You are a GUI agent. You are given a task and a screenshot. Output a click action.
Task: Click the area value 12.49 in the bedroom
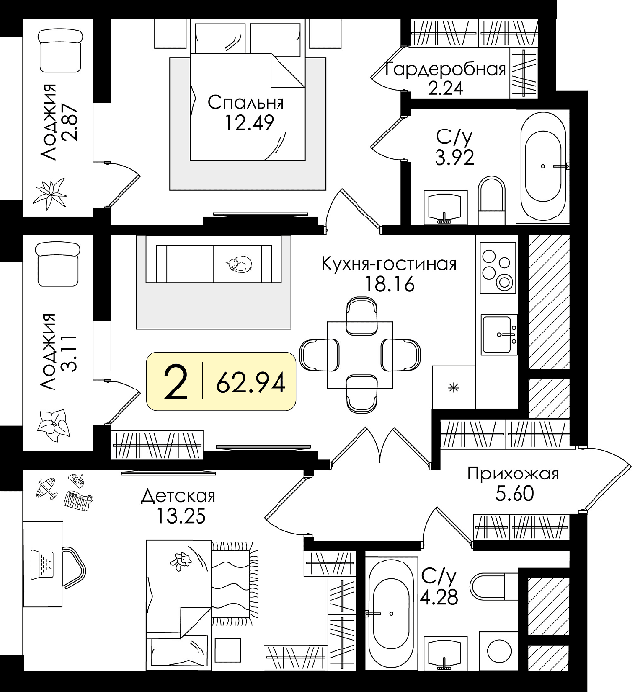coord(249,123)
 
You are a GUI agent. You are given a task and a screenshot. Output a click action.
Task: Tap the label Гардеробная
coord(445,69)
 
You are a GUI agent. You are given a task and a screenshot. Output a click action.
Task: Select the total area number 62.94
coord(251,383)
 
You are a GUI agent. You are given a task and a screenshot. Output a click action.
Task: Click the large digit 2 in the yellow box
coord(176,383)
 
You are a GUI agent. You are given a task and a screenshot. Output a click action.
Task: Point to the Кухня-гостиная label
coord(389,264)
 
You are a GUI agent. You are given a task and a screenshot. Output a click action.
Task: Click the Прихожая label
coord(513,474)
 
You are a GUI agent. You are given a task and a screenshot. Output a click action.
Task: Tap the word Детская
coord(178,497)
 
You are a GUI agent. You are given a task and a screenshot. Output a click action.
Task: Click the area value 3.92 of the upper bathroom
coord(454,157)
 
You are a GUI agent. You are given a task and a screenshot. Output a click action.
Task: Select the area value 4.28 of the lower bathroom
coord(438,597)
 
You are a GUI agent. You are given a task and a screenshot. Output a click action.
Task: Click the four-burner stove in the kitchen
coord(498,268)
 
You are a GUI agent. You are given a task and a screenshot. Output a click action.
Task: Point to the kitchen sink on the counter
coord(499,335)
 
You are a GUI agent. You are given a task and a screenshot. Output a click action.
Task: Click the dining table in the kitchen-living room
coord(359,355)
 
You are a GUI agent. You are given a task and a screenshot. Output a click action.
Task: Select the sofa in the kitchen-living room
coord(214,264)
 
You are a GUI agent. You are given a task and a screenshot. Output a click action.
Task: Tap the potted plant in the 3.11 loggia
coord(52,424)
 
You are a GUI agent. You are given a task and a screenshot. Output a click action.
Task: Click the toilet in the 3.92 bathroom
coord(491,201)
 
